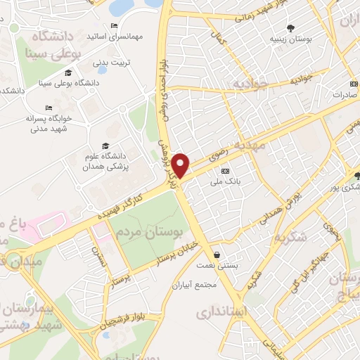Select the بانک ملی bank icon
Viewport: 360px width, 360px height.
[x=225, y=171]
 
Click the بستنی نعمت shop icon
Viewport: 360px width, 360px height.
[x=217, y=254]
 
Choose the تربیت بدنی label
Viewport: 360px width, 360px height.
[x=112, y=61]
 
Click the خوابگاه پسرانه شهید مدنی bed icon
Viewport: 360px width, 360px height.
[x=49, y=108]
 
